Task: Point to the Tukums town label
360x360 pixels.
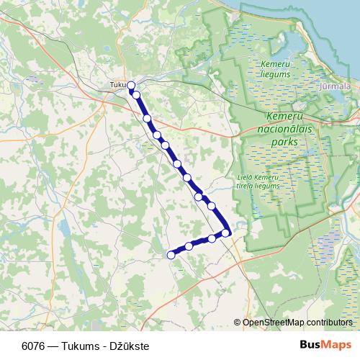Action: click(x=117, y=85)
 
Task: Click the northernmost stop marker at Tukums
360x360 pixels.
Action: click(x=131, y=85)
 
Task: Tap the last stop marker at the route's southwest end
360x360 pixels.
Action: click(x=171, y=254)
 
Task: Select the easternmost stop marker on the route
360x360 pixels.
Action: click(x=225, y=233)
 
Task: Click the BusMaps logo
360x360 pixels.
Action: click(x=326, y=345)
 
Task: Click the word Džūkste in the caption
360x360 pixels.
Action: click(x=130, y=346)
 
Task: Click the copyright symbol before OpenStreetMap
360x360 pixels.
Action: click(x=237, y=322)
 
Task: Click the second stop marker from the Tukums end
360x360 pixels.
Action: click(x=135, y=94)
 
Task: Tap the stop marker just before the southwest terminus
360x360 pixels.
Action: click(x=189, y=246)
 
